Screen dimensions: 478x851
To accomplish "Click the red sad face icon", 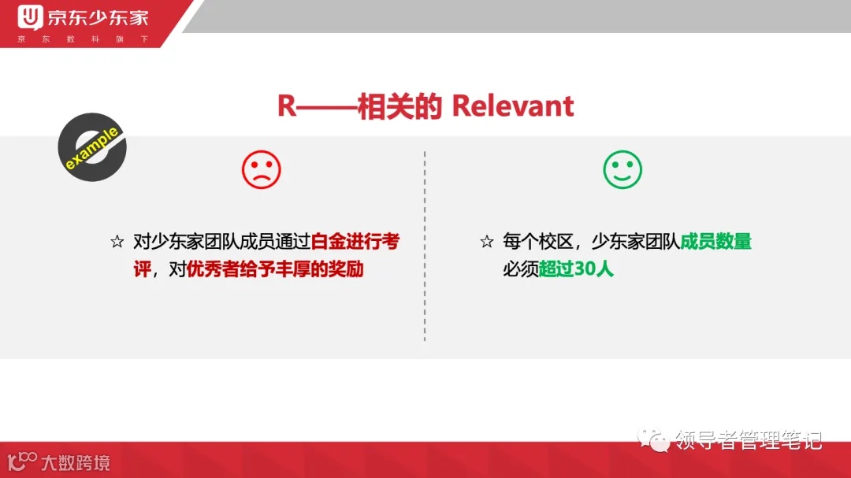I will (x=261, y=169).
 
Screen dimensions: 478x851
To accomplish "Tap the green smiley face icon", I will (x=622, y=169).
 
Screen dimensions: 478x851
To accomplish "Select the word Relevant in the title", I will (x=513, y=106).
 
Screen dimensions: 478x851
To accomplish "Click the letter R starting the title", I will (x=287, y=106).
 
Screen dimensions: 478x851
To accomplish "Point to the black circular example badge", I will (x=92, y=148).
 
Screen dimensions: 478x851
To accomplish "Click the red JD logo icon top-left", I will (x=32, y=17).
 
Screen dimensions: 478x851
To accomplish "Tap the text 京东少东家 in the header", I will (x=98, y=17).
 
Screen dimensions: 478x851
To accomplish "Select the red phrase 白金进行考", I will (x=355, y=242).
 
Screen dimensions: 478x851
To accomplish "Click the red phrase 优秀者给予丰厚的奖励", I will (x=275, y=269).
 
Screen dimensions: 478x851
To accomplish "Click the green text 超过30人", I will (x=576, y=269).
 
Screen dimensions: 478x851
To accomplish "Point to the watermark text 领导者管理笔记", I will (x=749, y=439).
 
